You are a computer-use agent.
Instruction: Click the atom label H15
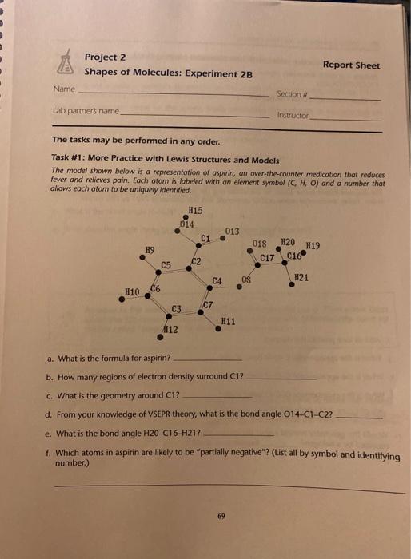(x=194, y=210)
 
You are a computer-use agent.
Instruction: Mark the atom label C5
(x=165, y=264)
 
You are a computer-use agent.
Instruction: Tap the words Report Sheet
(x=351, y=65)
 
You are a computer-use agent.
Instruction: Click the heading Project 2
(x=105, y=57)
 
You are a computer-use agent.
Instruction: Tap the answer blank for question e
(x=240, y=434)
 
